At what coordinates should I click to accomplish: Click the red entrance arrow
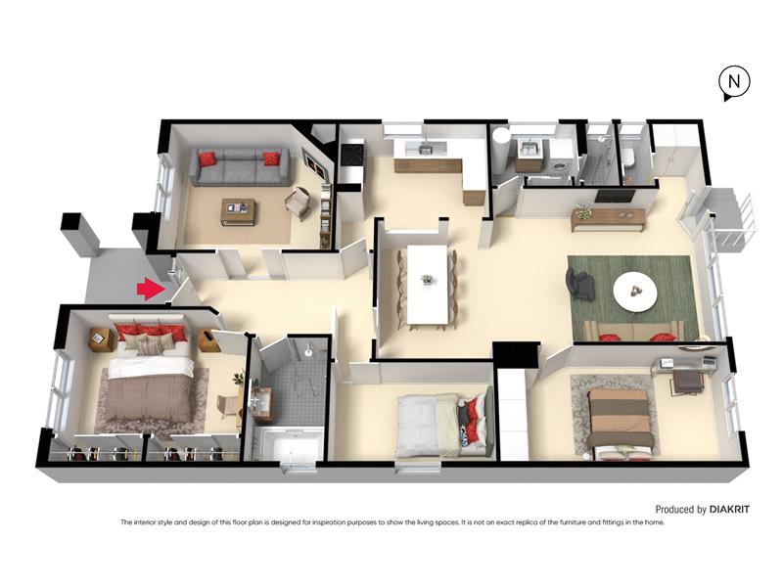tap(152, 290)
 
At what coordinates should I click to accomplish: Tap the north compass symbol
tap(733, 82)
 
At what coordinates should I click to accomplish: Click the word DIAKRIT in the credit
tap(729, 510)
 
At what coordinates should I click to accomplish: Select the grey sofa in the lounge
tap(240, 166)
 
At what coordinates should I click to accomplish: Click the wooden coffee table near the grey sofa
tap(239, 211)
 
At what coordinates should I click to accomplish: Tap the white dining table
tap(428, 284)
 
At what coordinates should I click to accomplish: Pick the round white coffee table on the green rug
tap(635, 292)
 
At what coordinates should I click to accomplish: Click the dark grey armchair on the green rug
tap(579, 284)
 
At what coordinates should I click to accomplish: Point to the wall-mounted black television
tap(616, 196)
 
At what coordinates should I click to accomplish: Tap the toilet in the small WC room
tap(628, 158)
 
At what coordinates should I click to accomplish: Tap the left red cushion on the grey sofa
tap(207, 159)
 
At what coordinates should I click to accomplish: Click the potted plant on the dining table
tap(427, 279)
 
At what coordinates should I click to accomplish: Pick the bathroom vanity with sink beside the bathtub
tap(261, 402)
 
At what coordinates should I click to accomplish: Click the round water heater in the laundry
tap(500, 150)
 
